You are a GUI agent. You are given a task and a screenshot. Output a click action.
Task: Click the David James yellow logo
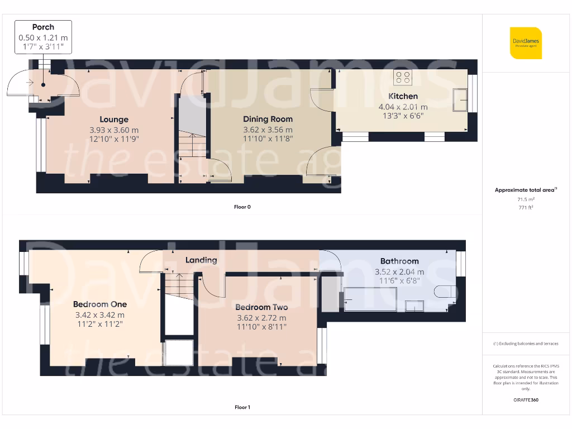click(x=526, y=43)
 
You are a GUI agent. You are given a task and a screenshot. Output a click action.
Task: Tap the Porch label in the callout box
click(x=43, y=27)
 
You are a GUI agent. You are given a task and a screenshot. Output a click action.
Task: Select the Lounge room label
click(x=114, y=119)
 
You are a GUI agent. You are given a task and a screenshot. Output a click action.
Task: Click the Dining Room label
click(x=268, y=119)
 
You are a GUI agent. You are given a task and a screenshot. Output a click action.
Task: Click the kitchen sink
click(x=462, y=100)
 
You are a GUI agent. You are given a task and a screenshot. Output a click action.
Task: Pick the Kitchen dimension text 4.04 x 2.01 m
click(x=403, y=107)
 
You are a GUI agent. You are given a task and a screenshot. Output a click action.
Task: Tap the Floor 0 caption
click(x=242, y=207)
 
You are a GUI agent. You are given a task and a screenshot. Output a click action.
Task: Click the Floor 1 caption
click(x=242, y=408)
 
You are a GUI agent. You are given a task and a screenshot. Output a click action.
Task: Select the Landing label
click(x=201, y=260)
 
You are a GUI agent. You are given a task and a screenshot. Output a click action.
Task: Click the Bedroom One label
click(x=100, y=304)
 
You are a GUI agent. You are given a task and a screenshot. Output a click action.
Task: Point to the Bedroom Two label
click(x=261, y=307)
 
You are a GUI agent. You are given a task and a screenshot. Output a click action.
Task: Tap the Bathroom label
click(x=399, y=261)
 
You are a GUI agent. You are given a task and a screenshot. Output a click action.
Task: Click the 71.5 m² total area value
click(x=526, y=199)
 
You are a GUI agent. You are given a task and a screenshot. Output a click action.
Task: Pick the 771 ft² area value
click(x=526, y=207)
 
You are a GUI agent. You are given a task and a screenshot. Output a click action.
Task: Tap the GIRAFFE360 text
click(x=526, y=400)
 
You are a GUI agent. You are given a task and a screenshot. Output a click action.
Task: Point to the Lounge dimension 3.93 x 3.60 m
click(x=114, y=130)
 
